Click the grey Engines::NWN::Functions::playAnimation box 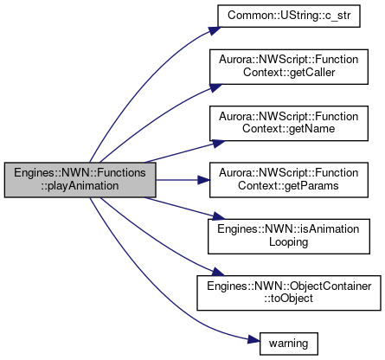(x=80, y=180)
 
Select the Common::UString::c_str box (x=289, y=16)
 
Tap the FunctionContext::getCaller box (x=289, y=67)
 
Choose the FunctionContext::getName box (x=289, y=124)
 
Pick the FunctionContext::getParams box (x=289, y=180)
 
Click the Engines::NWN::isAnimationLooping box (x=289, y=236)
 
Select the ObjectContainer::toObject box (x=289, y=293)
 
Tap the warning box (x=289, y=344)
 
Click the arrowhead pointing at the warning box (x=254, y=340)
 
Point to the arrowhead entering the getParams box (x=204, y=180)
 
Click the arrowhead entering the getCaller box (x=215, y=87)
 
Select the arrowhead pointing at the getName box (x=218, y=144)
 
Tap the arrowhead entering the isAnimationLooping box (x=218, y=216)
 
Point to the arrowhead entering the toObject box (x=218, y=273)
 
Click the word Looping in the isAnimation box (x=289, y=242)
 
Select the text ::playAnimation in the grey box (x=80, y=186)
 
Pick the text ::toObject (x=289, y=299)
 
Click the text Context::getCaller (x=289, y=72)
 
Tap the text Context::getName (x=289, y=129)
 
